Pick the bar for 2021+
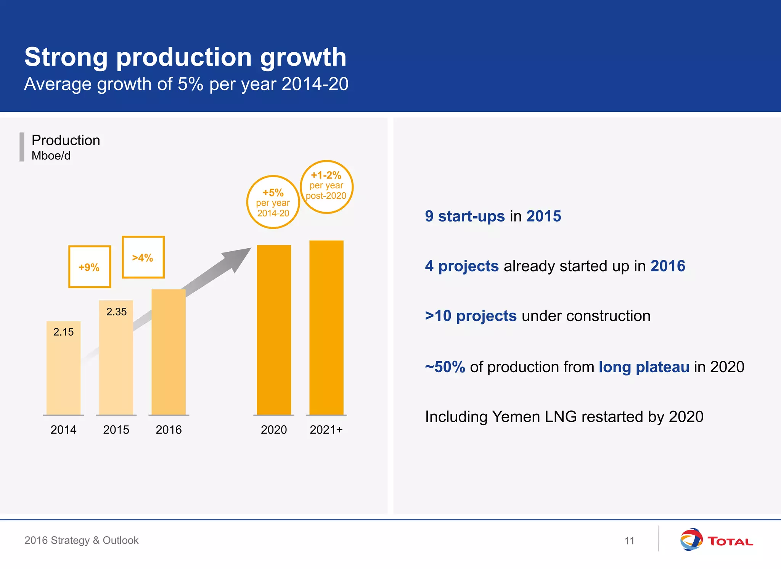pyautogui.click(x=326, y=328)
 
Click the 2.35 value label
pyautogui.click(x=116, y=312)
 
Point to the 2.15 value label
pyautogui.click(x=63, y=332)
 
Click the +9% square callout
pyautogui.click(x=90, y=267)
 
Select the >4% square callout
pyautogui.click(x=143, y=257)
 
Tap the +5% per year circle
pyautogui.click(x=273, y=202)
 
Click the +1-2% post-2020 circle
pyautogui.click(x=326, y=186)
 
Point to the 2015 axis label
pyautogui.click(x=116, y=430)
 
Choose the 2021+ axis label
pyautogui.click(x=326, y=430)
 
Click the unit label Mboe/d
pyautogui.click(x=51, y=156)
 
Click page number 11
pyautogui.click(x=629, y=541)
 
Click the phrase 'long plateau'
pyautogui.click(x=644, y=367)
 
